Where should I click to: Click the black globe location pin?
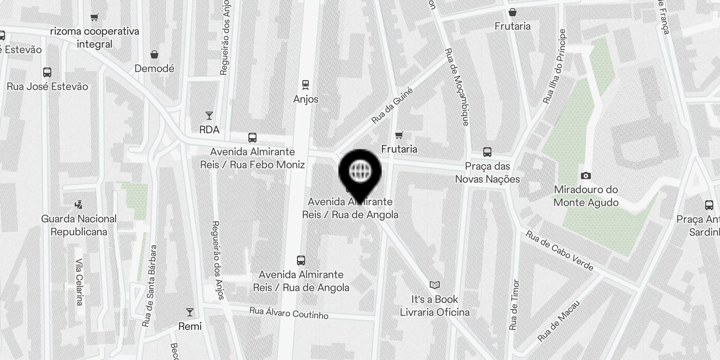(360, 171)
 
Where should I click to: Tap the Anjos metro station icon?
(306, 84)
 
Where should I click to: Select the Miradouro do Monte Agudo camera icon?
(585, 175)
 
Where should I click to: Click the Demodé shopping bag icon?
(154, 55)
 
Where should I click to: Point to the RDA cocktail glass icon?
(209, 116)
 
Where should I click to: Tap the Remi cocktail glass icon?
(190, 312)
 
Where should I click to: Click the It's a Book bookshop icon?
(434, 285)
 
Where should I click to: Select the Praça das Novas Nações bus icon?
(487, 152)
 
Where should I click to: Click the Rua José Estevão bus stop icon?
(47, 72)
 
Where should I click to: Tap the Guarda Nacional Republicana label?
(79, 225)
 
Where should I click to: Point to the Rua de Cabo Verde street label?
(559, 251)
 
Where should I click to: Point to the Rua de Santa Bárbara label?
(149, 285)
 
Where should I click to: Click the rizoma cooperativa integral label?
(94, 38)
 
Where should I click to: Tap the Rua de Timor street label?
(514, 305)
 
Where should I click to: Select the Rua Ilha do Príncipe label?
(554, 67)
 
